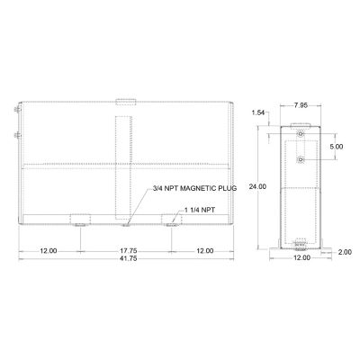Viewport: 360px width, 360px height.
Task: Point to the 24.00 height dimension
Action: click(x=258, y=186)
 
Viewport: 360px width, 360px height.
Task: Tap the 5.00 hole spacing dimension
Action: click(x=336, y=146)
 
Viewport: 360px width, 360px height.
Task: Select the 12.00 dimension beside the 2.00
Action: click(x=301, y=257)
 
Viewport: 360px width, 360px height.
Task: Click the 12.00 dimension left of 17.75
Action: click(x=49, y=249)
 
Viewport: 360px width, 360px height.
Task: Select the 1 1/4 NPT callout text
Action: click(x=199, y=210)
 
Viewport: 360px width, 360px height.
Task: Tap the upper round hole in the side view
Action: click(x=300, y=132)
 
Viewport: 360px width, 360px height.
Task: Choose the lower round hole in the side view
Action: click(x=300, y=158)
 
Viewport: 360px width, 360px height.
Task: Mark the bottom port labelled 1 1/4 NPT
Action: click(x=171, y=220)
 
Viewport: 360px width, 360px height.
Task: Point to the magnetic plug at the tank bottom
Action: click(x=127, y=221)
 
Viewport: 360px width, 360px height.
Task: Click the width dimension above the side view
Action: click(x=303, y=104)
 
